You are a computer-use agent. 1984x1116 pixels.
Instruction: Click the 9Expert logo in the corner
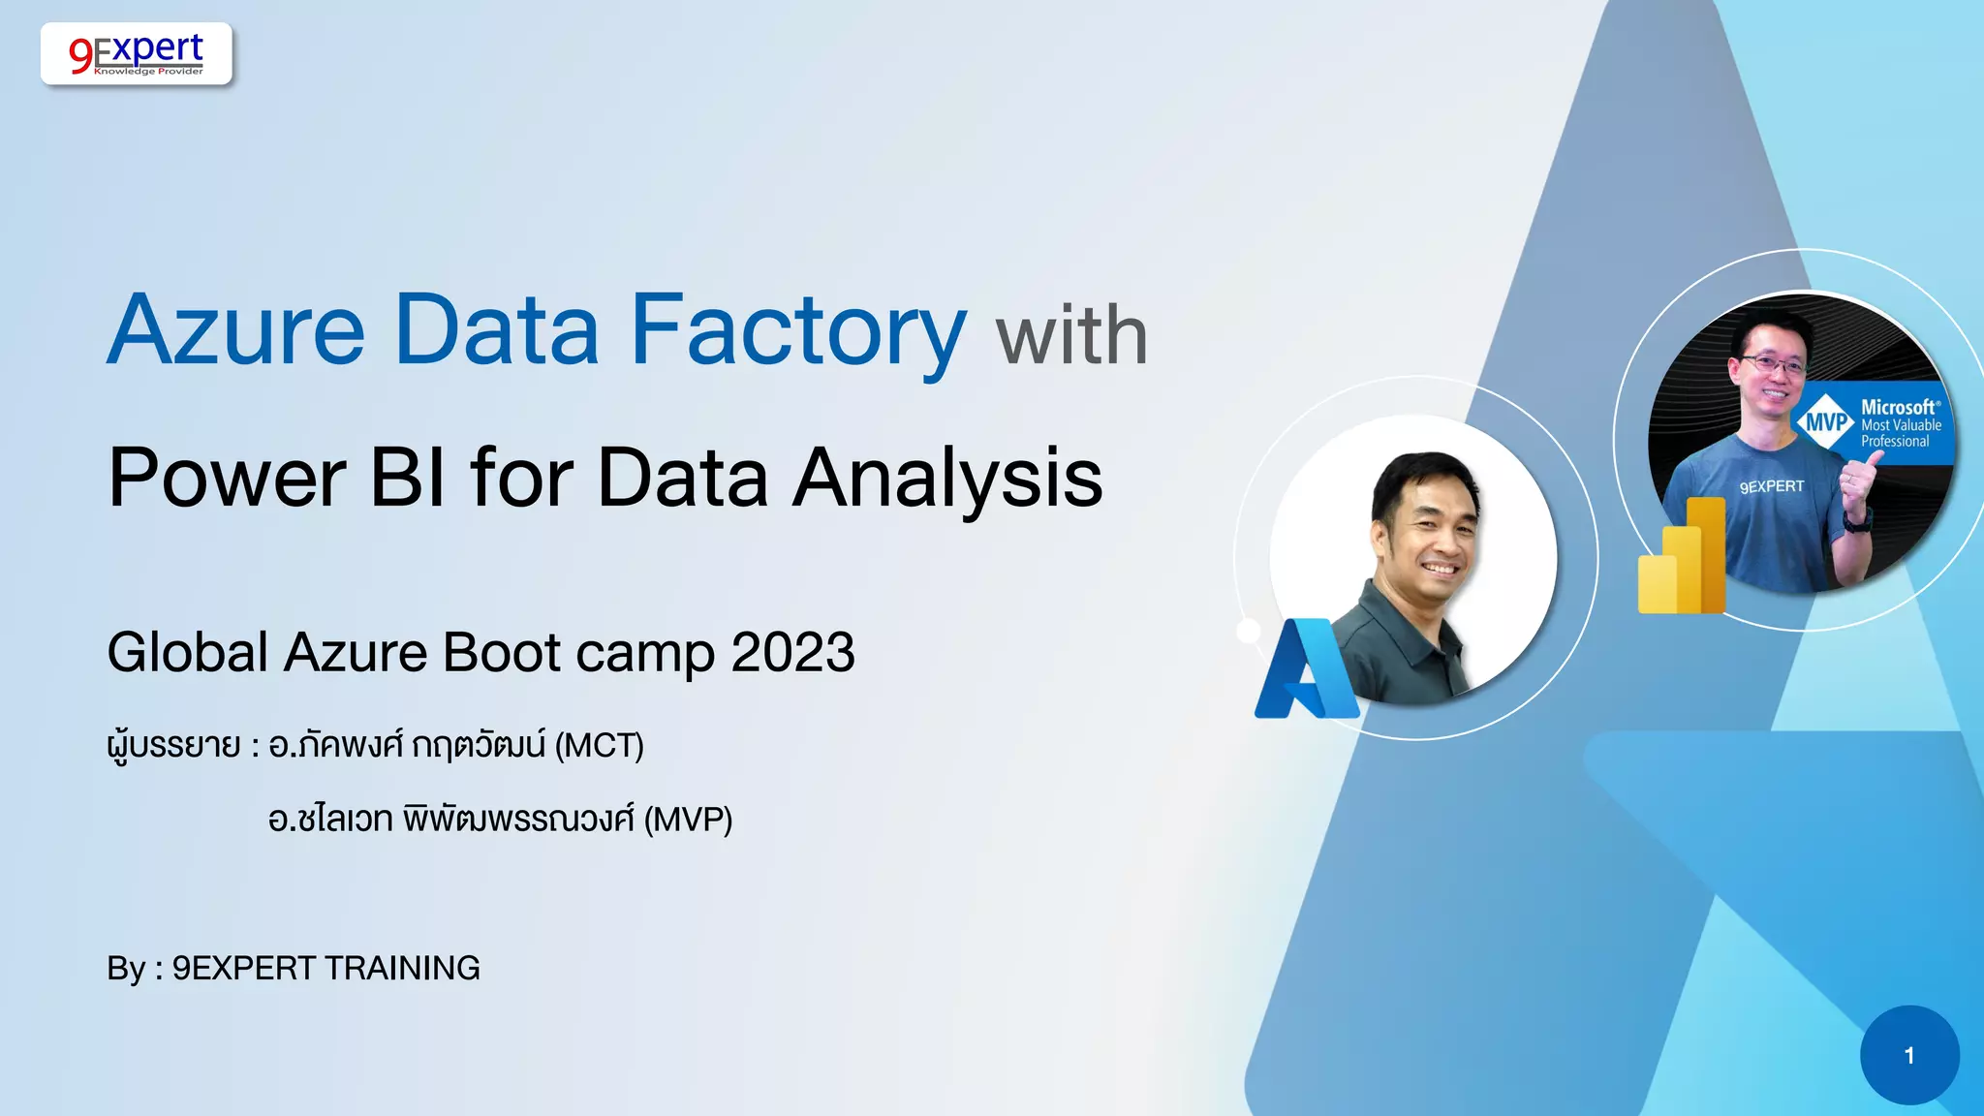click(x=137, y=53)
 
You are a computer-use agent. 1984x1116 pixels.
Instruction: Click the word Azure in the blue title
click(x=236, y=331)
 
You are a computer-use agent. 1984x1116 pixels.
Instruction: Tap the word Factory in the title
click(x=797, y=331)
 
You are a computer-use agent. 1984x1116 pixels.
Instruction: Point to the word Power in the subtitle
click(x=227, y=478)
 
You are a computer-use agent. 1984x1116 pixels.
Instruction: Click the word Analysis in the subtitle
click(x=947, y=478)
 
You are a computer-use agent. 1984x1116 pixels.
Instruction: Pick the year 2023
click(x=792, y=652)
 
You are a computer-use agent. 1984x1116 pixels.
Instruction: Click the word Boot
click(x=502, y=652)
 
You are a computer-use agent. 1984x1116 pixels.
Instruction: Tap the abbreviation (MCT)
click(x=599, y=746)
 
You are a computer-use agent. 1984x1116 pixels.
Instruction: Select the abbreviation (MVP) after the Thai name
click(x=688, y=820)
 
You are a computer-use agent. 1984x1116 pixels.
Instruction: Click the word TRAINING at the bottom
click(x=402, y=968)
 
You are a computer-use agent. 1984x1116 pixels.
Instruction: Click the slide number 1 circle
click(x=1909, y=1055)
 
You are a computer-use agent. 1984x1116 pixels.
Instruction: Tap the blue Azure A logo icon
click(x=1306, y=670)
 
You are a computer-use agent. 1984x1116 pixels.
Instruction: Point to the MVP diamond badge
click(x=1826, y=422)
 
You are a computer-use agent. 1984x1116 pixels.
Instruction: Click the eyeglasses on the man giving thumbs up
click(x=1774, y=365)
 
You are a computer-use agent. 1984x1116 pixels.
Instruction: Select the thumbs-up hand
click(x=1856, y=484)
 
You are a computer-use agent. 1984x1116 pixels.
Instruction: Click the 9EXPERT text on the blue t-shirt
click(x=1772, y=486)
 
